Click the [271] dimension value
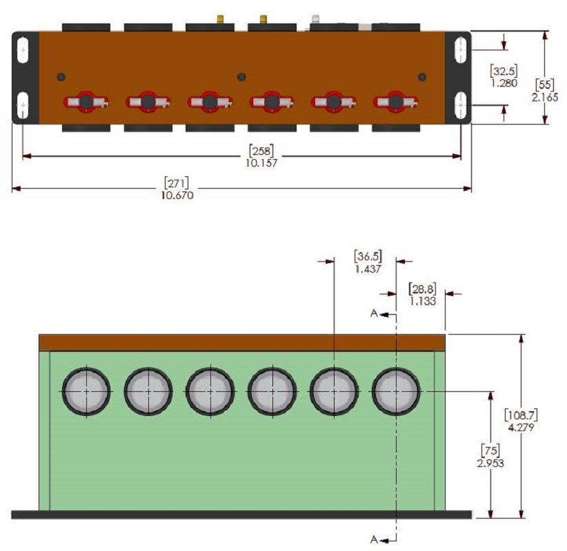tap(177, 183)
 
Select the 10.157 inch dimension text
tap(261, 163)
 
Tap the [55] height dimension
tap(544, 85)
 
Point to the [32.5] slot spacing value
tap(504, 71)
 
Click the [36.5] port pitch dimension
tap(368, 256)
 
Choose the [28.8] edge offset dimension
tap(422, 289)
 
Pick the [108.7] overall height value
tap(521, 415)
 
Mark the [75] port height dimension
tap(490, 450)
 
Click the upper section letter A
tap(374, 313)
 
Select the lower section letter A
tap(374, 539)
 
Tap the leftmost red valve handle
tap(86, 102)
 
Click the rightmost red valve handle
tap(396, 102)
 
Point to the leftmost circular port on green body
tap(86, 391)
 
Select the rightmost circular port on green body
tap(396, 391)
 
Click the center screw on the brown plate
tap(241, 77)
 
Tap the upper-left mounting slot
tap(23, 50)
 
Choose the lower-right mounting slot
tap(461, 105)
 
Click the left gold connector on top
tap(219, 19)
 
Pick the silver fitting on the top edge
tap(316, 19)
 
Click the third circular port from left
tap(210, 391)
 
